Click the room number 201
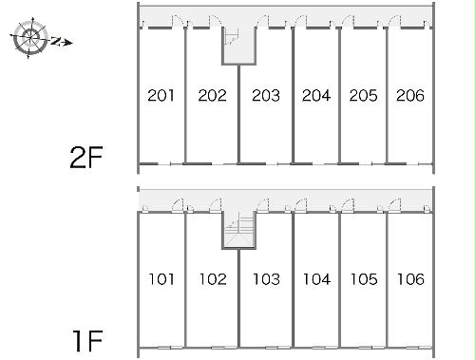coord(161,96)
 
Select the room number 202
coord(213,96)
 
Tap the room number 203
coord(266,96)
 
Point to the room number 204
coord(316,96)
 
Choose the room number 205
coord(364,96)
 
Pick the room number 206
coord(410,96)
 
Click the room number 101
coord(161,279)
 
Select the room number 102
coord(213,279)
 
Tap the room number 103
coord(266,279)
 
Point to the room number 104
coord(317,279)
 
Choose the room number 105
coord(364,279)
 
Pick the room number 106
coord(410,279)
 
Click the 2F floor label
coord(86,158)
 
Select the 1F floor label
coord(88,341)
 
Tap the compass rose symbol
coord(30,38)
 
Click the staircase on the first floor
coord(239,230)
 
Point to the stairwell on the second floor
coord(238,46)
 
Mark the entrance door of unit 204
coord(301,22)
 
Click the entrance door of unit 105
coord(348,205)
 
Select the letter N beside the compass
coord(56,41)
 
